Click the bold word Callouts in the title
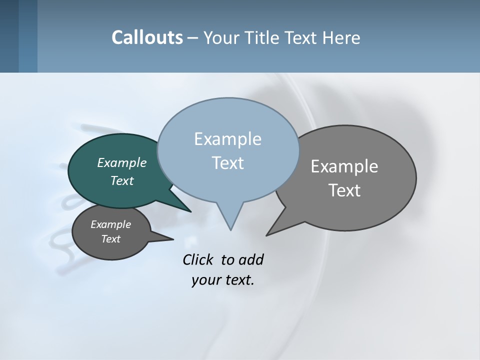click(x=147, y=37)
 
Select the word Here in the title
click(x=342, y=38)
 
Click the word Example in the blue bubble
click(x=227, y=139)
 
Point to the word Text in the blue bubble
click(x=227, y=163)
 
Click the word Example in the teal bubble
click(x=121, y=162)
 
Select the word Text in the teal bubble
click(x=121, y=180)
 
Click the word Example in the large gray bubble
click(x=344, y=166)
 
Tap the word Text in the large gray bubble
click(x=344, y=190)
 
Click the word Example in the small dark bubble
click(x=110, y=224)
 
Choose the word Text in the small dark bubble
click(x=110, y=239)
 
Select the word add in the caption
click(x=251, y=259)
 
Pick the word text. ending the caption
click(x=238, y=280)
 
